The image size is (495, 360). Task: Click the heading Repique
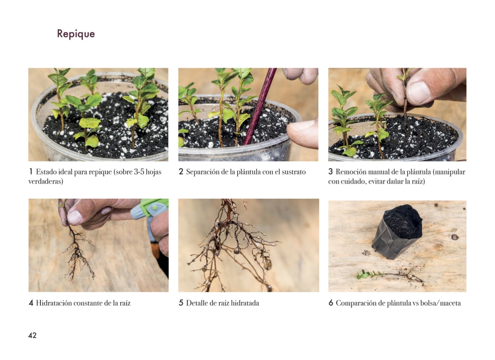point(76,34)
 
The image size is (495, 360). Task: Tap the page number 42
point(32,335)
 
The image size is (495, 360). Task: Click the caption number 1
point(31,172)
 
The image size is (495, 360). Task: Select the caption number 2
point(181,172)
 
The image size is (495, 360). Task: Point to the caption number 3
point(330,172)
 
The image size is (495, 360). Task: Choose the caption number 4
point(31,303)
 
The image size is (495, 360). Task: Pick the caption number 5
point(181,303)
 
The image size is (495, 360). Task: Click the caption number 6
point(331,303)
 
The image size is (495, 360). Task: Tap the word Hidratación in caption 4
point(54,303)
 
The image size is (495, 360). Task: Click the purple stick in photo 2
point(259,106)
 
